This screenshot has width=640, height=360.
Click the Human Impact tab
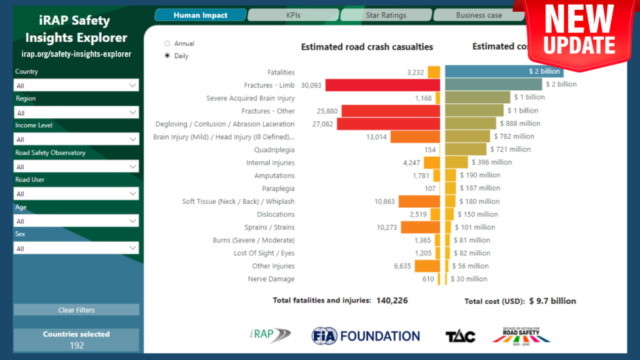point(200,15)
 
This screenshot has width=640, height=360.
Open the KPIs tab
point(293,15)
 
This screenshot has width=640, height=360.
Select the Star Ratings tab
point(386,15)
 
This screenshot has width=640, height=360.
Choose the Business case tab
point(479,15)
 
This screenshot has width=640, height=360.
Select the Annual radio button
point(167,44)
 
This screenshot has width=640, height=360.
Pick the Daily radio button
point(167,56)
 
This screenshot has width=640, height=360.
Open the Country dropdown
point(76,86)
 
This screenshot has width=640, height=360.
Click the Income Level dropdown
point(76,139)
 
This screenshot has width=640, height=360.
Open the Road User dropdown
point(76,194)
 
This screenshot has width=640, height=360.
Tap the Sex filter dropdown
point(76,248)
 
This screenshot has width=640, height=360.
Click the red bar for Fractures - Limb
point(383,85)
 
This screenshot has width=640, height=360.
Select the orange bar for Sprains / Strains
point(421,227)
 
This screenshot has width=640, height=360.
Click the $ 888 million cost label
point(520,123)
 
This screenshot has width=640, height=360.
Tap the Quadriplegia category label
point(278,150)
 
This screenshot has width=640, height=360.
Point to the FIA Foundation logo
point(366,336)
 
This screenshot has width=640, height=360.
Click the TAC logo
point(460,336)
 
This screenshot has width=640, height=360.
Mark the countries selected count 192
point(76,345)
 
